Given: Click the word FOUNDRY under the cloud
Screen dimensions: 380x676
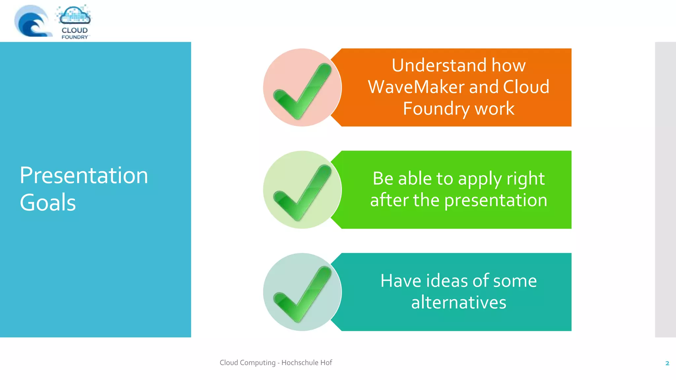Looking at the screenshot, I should click(75, 37).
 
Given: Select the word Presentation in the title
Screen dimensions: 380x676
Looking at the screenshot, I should click(84, 175).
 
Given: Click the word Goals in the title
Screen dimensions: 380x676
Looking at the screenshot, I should click(48, 203).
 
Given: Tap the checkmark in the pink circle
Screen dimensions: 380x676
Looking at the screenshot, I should click(302, 91).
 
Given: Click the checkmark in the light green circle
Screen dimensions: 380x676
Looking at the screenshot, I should click(302, 193).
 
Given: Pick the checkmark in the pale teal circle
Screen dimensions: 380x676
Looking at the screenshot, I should click(302, 294).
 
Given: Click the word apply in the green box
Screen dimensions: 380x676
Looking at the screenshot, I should click(480, 179).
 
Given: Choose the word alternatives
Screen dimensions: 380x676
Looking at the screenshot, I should click(458, 302).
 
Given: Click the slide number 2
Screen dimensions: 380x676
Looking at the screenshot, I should click(667, 363).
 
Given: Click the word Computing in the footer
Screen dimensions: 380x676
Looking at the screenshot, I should click(257, 363).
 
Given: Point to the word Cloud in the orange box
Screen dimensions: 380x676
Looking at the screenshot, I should click(526, 87).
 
